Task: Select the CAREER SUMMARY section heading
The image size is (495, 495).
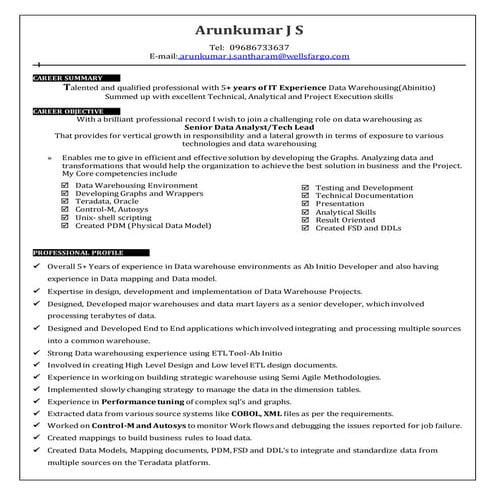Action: (68, 77)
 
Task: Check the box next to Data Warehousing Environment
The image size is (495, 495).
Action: (65, 186)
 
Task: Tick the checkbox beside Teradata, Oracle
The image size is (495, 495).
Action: (65, 202)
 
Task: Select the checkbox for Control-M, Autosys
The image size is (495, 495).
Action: (65, 210)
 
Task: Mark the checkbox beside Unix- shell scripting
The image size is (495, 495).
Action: (65, 218)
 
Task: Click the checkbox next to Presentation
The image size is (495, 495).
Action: (306, 203)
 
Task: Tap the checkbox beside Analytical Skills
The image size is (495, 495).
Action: (306, 212)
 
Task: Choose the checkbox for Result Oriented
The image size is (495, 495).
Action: (306, 220)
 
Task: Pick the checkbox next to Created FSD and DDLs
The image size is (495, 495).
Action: (306, 228)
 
